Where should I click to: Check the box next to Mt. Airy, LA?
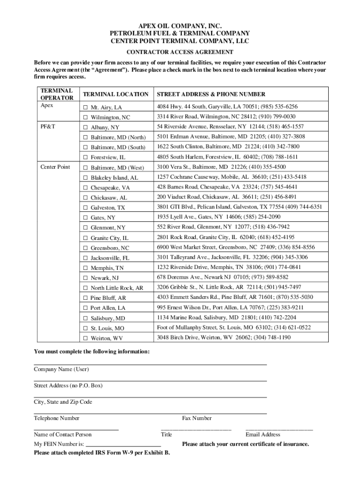point(86,107)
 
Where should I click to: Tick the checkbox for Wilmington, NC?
point(86,117)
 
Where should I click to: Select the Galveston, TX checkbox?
point(86,208)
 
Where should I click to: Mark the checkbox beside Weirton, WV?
point(86,338)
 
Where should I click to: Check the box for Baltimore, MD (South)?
point(86,147)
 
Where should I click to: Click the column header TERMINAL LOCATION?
point(115,94)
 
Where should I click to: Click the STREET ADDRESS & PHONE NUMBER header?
point(211,94)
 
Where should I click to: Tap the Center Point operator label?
point(55,167)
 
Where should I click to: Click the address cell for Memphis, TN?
point(229,267)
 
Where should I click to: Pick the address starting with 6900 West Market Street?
point(236,247)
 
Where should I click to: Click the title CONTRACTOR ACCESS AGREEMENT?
point(180,52)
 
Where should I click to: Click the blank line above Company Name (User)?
point(150,363)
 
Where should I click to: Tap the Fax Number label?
point(196,418)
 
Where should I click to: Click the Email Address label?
point(263,435)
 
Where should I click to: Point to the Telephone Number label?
point(57,418)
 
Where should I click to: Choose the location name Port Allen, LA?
point(108,308)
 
